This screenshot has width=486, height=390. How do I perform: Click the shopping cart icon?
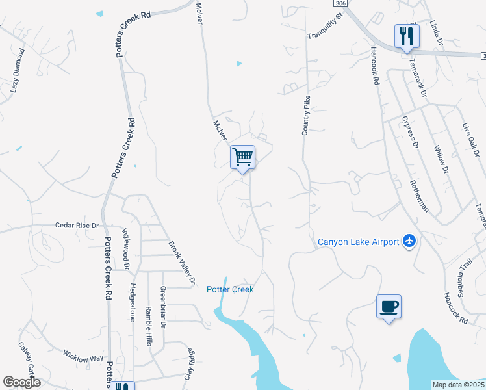(x=242, y=157)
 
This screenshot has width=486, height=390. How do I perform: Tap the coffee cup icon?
(x=389, y=306)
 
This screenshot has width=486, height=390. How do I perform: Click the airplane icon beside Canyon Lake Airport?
(x=409, y=242)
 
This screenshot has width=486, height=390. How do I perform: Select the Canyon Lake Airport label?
(x=358, y=242)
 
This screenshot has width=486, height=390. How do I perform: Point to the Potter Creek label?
(x=230, y=289)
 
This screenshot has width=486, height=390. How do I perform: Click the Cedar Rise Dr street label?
(x=76, y=226)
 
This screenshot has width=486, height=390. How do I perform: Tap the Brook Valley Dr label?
(x=183, y=264)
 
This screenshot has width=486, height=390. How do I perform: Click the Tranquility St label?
(x=325, y=28)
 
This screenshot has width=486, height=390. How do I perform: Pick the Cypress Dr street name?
(x=410, y=133)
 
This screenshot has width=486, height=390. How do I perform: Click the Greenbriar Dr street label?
(x=163, y=307)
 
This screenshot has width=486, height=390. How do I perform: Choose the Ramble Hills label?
(x=149, y=327)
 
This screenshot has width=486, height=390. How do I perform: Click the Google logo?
(x=21, y=382)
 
